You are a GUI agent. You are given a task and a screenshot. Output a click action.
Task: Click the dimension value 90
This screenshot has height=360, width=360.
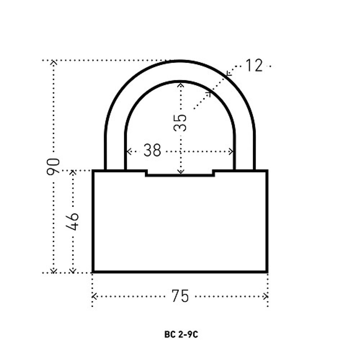click(53, 166)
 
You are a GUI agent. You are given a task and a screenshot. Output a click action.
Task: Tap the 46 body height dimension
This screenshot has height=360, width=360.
click(73, 221)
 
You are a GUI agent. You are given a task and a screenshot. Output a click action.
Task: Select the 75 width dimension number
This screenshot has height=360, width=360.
click(180, 296)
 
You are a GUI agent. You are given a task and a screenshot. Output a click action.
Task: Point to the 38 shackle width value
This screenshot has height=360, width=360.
click(152, 150)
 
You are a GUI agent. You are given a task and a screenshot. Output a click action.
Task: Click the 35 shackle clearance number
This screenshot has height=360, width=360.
click(181, 122)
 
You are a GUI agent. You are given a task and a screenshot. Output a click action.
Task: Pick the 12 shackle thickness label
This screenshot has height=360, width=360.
click(254, 66)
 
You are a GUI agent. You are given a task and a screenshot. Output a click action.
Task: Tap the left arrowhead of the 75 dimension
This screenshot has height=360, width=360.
click(94, 296)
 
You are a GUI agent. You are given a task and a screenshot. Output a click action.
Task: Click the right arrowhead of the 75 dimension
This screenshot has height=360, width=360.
click(266, 296)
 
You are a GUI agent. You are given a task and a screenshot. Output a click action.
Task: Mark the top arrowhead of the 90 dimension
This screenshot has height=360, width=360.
click(54, 63)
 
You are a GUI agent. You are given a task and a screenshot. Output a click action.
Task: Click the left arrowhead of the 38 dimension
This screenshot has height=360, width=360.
click(128, 152)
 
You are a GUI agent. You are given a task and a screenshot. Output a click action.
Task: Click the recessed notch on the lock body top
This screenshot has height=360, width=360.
click(180, 174)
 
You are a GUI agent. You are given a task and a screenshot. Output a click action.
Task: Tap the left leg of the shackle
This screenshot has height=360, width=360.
click(114, 151)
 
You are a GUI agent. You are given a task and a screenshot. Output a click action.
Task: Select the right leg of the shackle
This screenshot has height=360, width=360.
click(245, 151)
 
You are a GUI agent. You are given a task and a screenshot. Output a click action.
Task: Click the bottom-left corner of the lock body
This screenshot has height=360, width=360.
click(93, 271)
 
